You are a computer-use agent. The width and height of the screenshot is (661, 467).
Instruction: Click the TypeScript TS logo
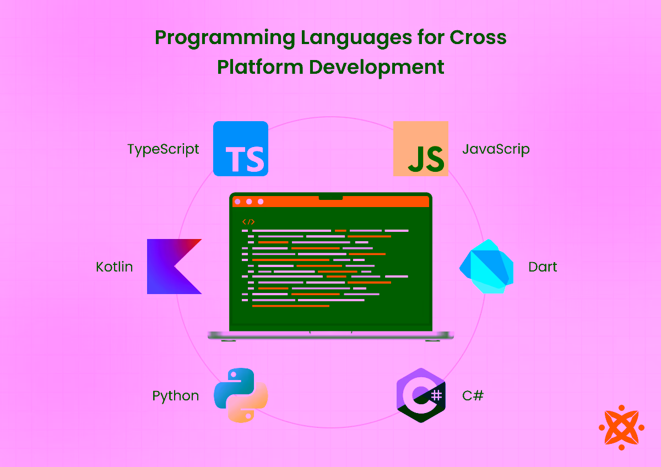[x=241, y=149]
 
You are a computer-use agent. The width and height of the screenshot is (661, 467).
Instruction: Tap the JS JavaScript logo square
[x=421, y=149]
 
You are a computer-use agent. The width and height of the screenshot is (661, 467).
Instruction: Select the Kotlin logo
[x=174, y=267]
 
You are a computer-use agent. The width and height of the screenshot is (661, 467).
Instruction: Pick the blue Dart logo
[x=487, y=267]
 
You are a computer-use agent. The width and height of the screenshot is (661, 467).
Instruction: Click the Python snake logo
[x=241, y=395]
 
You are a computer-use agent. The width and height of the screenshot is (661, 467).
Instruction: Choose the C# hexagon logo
[x=421, y=395]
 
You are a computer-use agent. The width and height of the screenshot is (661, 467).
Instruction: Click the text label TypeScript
[x=163, y=149]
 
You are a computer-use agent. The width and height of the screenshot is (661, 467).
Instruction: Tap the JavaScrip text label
[x=496, y=149]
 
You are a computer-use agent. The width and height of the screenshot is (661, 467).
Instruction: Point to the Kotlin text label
[x=115, y=267]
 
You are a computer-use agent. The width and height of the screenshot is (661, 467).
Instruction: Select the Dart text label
[x=543, y=267]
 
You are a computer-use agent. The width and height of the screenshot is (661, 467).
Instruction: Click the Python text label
[x=176, y=396]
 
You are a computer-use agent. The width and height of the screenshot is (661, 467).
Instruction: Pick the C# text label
[x=473, y=395]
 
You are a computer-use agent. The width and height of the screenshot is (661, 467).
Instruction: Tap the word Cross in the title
[x=478, y=37]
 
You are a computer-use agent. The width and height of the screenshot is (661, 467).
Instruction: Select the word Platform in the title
[x=259, y=67]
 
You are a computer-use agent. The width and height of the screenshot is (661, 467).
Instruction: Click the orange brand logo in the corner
[x=621, y=427]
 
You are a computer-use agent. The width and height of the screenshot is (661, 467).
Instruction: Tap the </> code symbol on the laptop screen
[x=248, y=221]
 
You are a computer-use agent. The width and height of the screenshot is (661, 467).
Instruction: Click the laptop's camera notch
[x=330, y=197]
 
